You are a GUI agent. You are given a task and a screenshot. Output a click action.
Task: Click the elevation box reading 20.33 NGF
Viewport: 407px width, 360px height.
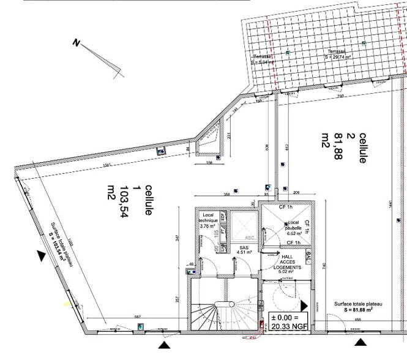point(289,322)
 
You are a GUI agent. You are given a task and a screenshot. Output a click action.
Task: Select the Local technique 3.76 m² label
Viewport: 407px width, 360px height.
point(209,220)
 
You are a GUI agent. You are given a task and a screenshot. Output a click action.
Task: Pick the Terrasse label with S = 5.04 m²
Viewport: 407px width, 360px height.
point(263,59)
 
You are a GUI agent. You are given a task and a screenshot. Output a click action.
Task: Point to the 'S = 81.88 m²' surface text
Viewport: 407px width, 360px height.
point(358,310)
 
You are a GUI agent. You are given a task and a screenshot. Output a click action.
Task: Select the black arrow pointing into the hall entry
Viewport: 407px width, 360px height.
point(305,305)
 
